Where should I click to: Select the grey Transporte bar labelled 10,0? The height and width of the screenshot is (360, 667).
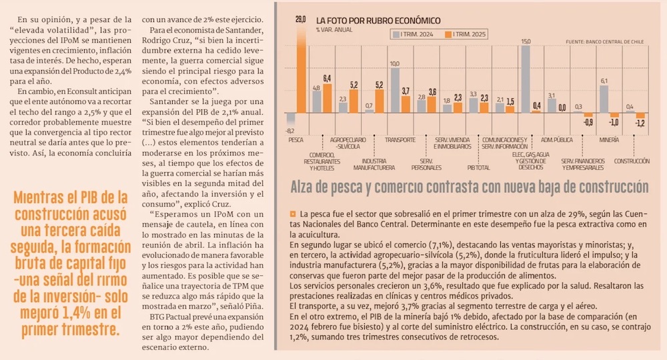click(394, 90)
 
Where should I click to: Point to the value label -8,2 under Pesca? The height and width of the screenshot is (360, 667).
click(290, 131)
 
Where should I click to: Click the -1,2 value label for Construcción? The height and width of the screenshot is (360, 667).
click(640, 123)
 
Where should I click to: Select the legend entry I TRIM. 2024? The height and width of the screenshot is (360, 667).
click(418, 34)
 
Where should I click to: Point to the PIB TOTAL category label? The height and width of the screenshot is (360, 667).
click(479, 169)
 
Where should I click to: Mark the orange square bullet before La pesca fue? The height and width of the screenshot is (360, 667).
click(293, 214)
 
